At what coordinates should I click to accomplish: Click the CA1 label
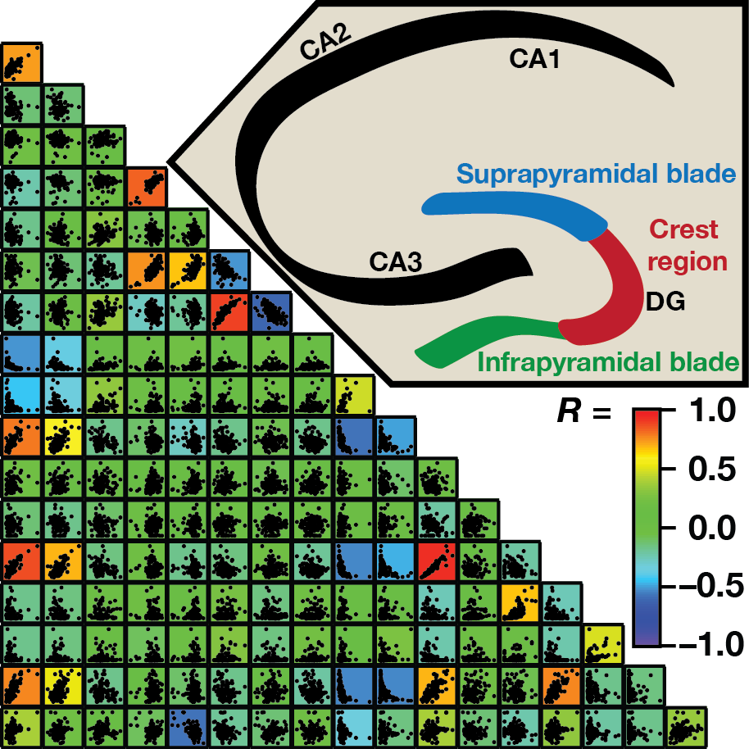tap(534, 59)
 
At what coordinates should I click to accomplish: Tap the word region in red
tap(687, 261)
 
